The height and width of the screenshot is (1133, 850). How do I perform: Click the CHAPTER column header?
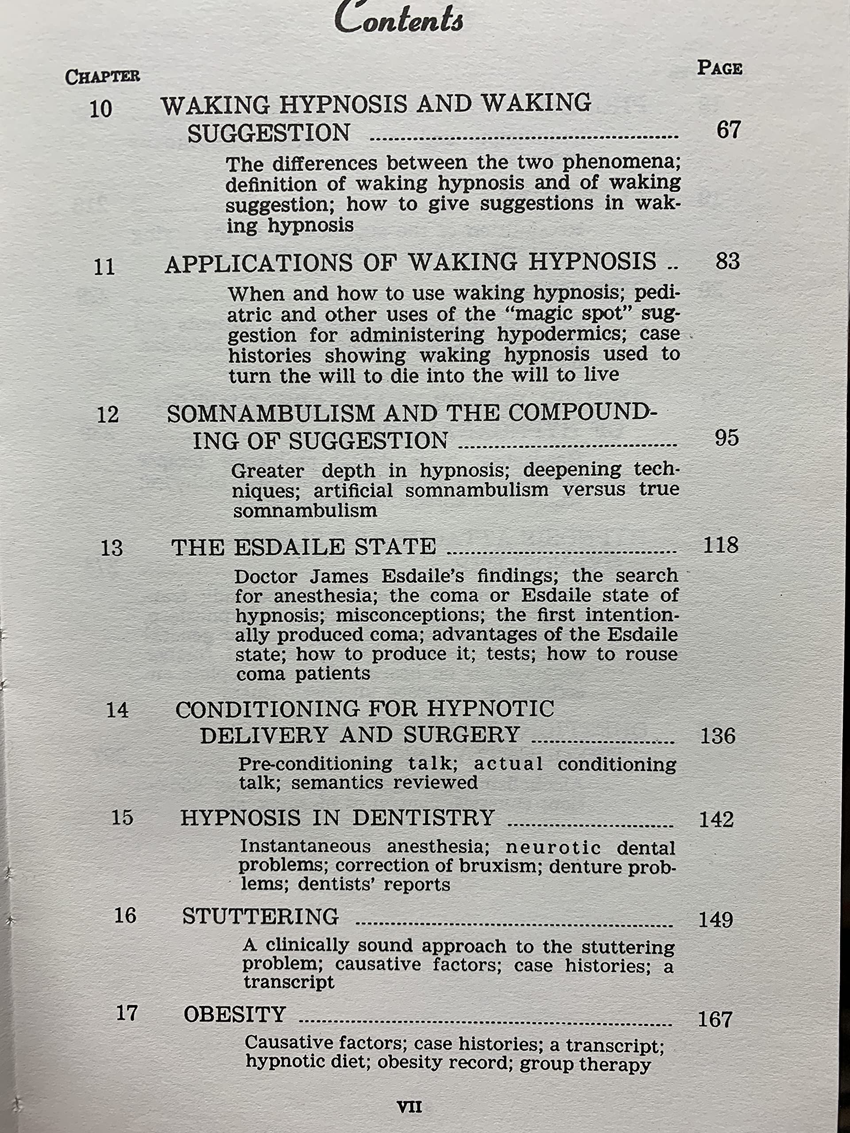tap(102, 77)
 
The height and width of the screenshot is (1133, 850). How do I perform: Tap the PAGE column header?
tap(719, 68)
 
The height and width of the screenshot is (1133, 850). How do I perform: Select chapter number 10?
tap(101, 109)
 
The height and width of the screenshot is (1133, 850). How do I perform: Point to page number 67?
tap(728, 131)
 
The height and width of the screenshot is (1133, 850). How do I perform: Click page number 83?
tap(727, 262)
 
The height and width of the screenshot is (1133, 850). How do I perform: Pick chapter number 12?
tap(108, 415)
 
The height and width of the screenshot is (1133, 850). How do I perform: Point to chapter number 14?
tap(117, 710)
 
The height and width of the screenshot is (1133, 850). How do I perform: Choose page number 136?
tap(717, 736)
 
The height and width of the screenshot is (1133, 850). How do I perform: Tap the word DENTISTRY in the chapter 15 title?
tap(423, 818)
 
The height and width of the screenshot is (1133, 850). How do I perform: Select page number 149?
tap(716, 921)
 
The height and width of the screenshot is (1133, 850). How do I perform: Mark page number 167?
tap(715, 1019)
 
